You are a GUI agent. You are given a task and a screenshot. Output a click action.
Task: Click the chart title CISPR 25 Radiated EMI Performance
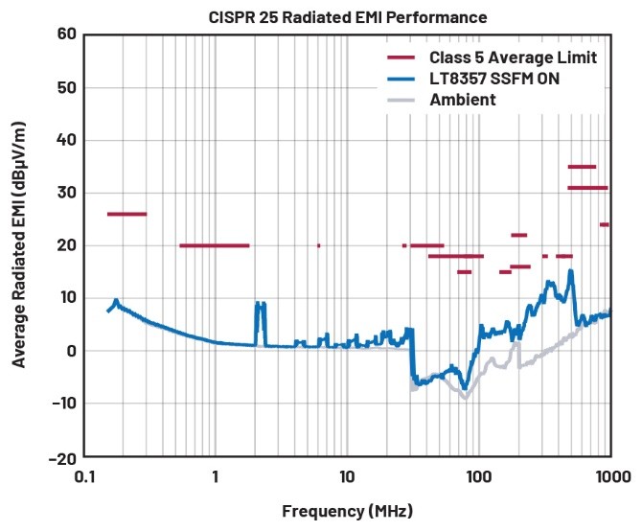(320, 17)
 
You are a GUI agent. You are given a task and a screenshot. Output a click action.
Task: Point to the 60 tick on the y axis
(64, 35)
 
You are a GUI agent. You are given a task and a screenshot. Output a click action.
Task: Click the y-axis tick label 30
(64, 194)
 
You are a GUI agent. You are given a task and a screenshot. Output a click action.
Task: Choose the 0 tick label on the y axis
(69, 352)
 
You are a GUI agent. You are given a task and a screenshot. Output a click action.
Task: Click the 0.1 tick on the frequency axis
(84, 474)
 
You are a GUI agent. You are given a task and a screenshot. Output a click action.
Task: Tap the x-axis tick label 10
(347, 474)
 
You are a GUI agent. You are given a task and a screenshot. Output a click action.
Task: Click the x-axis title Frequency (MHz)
(347, 510)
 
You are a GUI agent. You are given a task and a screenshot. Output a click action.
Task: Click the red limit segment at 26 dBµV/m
(126, 214)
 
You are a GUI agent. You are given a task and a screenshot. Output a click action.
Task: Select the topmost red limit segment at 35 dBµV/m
(582, 167)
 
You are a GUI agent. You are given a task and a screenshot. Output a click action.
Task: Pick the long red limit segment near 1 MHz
(214, 245)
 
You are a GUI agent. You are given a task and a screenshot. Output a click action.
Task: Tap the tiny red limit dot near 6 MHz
(318, 245)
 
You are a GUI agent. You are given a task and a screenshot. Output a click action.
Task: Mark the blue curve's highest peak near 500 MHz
(571, 271)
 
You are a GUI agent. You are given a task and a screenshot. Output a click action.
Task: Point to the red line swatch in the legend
(400, 58)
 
